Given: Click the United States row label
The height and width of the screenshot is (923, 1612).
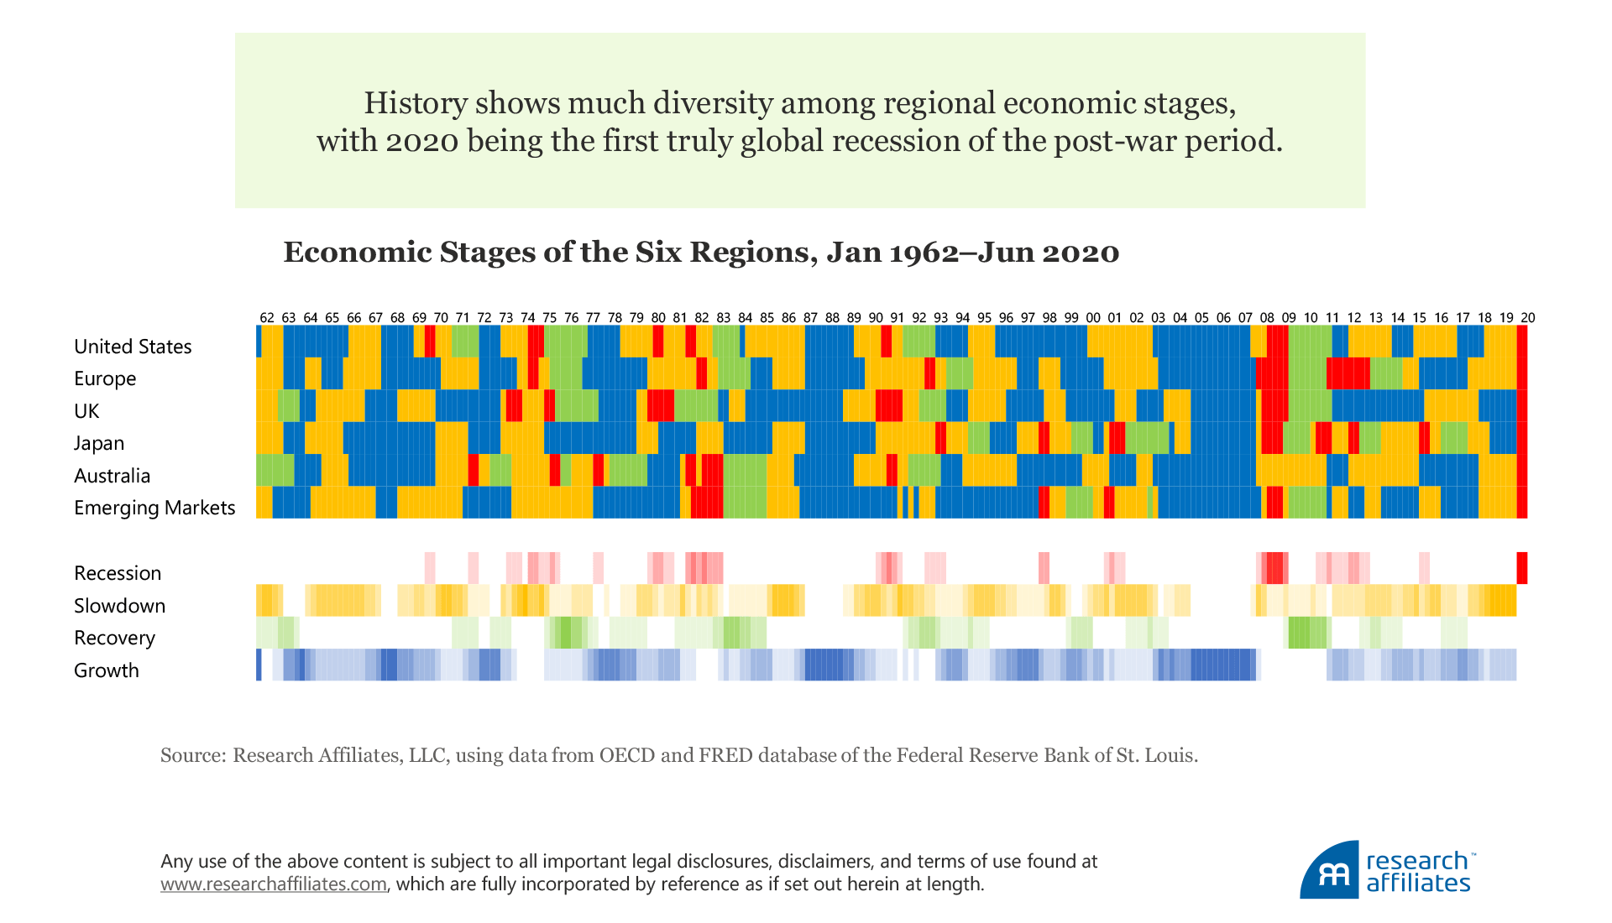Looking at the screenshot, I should click(x=133, y=347).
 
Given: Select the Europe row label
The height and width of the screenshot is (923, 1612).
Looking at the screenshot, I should click(x=105, y=378).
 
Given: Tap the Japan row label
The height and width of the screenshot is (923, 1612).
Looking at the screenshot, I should click(x=99, y=443).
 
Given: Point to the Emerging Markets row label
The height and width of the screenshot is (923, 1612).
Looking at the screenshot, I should click(x=154, y=508).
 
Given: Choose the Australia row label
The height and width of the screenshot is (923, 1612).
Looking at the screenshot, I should click(x=112, y=476).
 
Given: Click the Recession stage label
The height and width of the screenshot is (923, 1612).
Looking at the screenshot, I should click(x=118, y=573).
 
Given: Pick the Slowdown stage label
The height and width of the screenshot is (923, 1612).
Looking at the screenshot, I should click(x=119, y=606).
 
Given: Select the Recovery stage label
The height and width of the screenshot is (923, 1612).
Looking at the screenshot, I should click(x=114, y=638).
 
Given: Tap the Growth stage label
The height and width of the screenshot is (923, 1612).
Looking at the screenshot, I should click(x=107, y=670).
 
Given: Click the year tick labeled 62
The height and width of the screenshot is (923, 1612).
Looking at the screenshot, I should click(x=267, y=318).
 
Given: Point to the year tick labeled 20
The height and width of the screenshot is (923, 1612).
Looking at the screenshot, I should click(x=1528, y=318).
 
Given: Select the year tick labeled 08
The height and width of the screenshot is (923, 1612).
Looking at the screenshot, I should click(x=1267, y=318).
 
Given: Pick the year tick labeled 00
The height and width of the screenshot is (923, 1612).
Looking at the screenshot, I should click(x=1093, y=318).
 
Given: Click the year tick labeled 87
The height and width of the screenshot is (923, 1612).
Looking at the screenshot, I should click(x=810, y=318).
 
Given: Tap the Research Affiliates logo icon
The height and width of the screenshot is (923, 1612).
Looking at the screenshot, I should click(x=1330, y=871).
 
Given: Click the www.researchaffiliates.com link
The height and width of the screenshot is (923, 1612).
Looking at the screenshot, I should click(x=274, y=884).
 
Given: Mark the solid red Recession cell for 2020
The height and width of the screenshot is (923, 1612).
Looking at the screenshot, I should click(x=1522, y=568).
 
